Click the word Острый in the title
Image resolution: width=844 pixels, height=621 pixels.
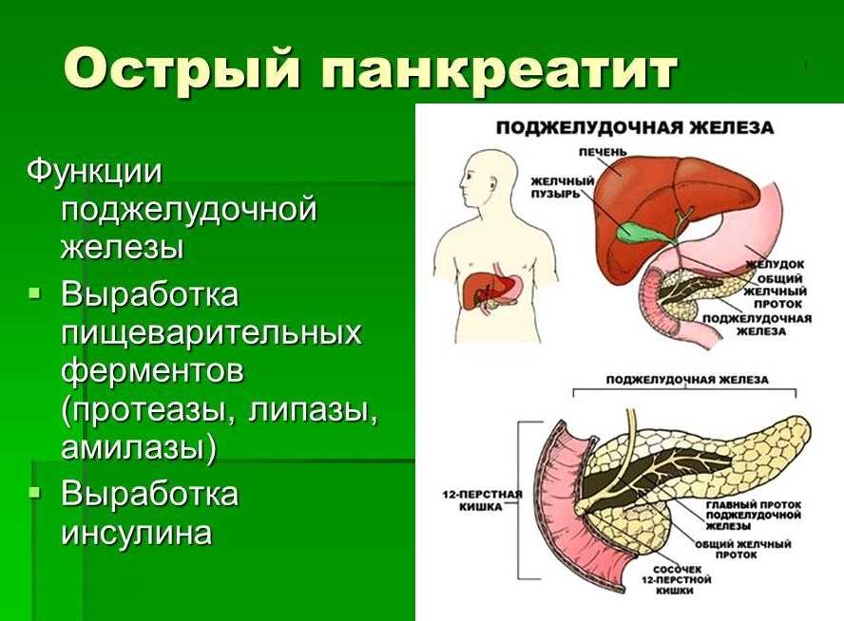[182, 70]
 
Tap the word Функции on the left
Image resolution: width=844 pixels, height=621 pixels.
[94, 173]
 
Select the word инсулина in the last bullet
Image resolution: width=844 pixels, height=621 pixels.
[136, 533]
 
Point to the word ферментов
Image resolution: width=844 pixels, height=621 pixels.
[152, 372]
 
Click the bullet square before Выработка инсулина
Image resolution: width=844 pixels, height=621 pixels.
[34, 492]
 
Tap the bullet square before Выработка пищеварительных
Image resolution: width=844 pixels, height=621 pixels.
[34, 293]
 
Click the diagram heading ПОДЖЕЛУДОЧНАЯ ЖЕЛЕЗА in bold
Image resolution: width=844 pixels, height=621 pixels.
[635, 128]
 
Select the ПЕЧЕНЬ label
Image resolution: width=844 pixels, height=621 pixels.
[603, 152]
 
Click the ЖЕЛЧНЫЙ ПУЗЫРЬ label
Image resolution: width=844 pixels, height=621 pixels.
[563, 187]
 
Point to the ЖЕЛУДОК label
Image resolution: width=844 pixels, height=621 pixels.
[776, 265]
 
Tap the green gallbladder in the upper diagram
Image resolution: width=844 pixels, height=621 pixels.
[637, 230]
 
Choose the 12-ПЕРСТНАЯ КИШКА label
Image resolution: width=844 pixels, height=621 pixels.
[482, 500]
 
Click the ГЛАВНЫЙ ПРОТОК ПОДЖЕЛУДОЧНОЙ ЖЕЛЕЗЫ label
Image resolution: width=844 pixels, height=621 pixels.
[754, 515]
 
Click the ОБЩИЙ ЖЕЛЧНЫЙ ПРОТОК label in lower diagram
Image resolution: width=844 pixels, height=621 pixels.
[743, 549]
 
